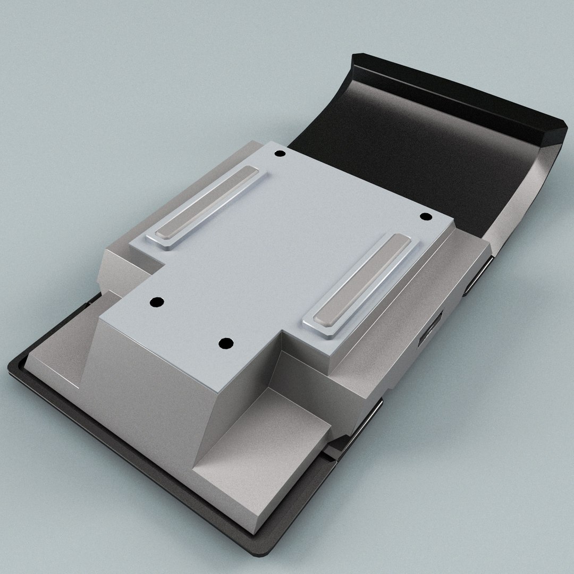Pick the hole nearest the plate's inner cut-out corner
click(x=156, y=302)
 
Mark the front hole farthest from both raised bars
click(x=226, y=341)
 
